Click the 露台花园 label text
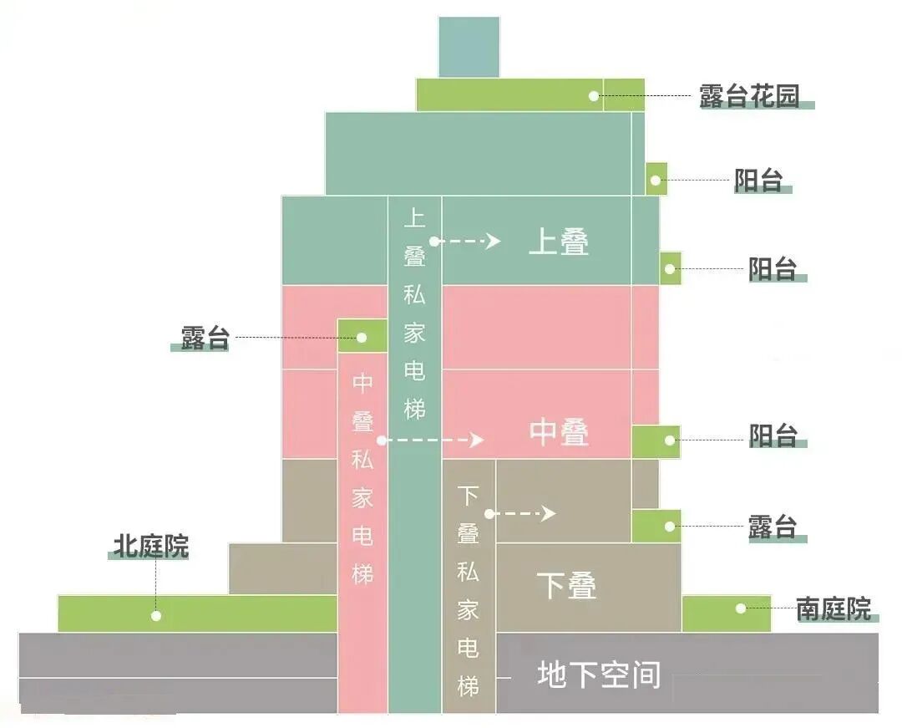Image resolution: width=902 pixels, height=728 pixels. click(x=749, y=96)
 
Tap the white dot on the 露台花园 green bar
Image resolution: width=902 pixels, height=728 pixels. click(x=594, y=96)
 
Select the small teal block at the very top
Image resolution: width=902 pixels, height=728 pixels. click(x=469, y=47)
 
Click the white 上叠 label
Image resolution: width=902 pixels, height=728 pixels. click(x=559, y=242)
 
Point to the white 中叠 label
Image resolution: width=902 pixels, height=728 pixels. click(x=559, y=432)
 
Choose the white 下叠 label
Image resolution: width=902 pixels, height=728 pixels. click(x=566, y=585)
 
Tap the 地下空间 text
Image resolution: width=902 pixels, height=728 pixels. click(x=599, y=675)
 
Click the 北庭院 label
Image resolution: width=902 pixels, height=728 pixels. click(x=151, y=547)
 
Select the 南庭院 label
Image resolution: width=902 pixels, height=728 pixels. click(x=833, y=608)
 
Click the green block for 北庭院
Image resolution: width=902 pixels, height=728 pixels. click(x=197, y=613)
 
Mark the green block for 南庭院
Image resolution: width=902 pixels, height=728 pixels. click(x=726, y=613)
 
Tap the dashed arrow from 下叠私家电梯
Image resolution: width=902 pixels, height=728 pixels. click(x=522, y=513)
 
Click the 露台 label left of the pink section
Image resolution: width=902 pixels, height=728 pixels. click(x=205, y=338)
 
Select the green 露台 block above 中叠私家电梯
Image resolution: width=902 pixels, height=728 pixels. click(x=362, y=336)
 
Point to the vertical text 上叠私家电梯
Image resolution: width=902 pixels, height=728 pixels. click(x=415, y=314)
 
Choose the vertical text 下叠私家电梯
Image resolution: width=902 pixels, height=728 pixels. click(x=468, y=592)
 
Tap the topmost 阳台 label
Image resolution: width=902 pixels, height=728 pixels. click(x=758, y=180)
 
